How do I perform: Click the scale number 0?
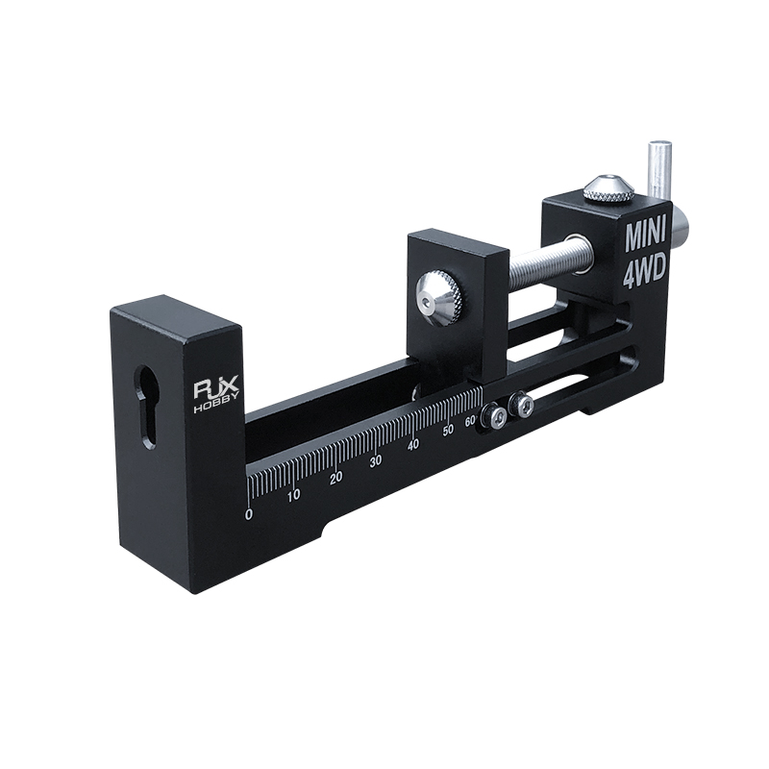[x=249, y=514]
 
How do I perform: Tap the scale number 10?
[x=294, y=495]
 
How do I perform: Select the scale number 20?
[x=335, y=478]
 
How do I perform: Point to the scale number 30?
[x=376, y=461]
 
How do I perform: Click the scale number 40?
[x=413, y=445]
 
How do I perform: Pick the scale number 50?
[x=448, y=431]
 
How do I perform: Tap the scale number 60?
[x=470, y=421]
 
